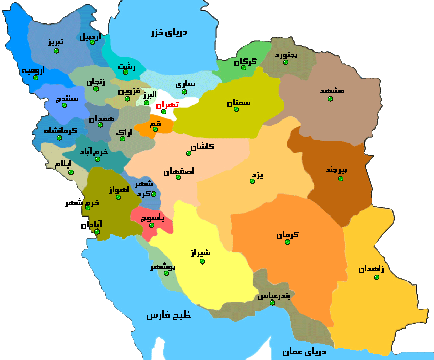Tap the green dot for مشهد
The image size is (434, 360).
330,99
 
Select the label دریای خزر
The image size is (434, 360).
169,32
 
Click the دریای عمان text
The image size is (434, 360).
304,351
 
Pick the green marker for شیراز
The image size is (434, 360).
202,261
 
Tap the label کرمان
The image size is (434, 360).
287,235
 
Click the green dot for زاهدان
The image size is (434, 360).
377,277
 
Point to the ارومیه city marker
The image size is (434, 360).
35,78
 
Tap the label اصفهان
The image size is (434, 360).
179,171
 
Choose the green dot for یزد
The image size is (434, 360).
252,181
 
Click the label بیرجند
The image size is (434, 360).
336,170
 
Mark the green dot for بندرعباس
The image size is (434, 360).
272,303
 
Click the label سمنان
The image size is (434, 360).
239,102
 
